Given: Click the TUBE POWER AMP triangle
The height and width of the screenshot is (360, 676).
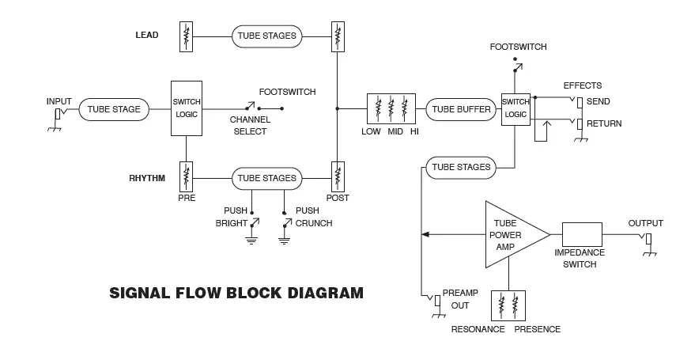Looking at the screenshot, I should [510, 235].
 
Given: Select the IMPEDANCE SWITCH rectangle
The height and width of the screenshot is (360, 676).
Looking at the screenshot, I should [582, 235].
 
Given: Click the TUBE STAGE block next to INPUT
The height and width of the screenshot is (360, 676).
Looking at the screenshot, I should [115, 109].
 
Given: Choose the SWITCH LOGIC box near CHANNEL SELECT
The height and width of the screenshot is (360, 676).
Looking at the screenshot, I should [186, 109].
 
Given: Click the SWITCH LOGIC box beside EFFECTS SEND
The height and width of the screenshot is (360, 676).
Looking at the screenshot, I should [515, 108].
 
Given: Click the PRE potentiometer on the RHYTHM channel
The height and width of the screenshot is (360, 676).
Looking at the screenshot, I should [187, 174].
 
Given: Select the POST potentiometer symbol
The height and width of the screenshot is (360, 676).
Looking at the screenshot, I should [338, 175].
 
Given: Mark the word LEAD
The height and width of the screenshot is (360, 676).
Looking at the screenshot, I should [147, 36].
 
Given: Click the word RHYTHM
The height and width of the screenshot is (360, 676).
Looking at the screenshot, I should [147, 178].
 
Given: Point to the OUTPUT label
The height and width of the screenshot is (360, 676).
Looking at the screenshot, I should [645, 223].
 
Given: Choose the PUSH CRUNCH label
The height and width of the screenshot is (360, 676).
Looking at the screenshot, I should [313, 218].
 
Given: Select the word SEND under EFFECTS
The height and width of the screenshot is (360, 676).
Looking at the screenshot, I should [599, 101].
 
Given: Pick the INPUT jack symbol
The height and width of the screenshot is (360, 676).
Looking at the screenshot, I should [58, 116].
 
